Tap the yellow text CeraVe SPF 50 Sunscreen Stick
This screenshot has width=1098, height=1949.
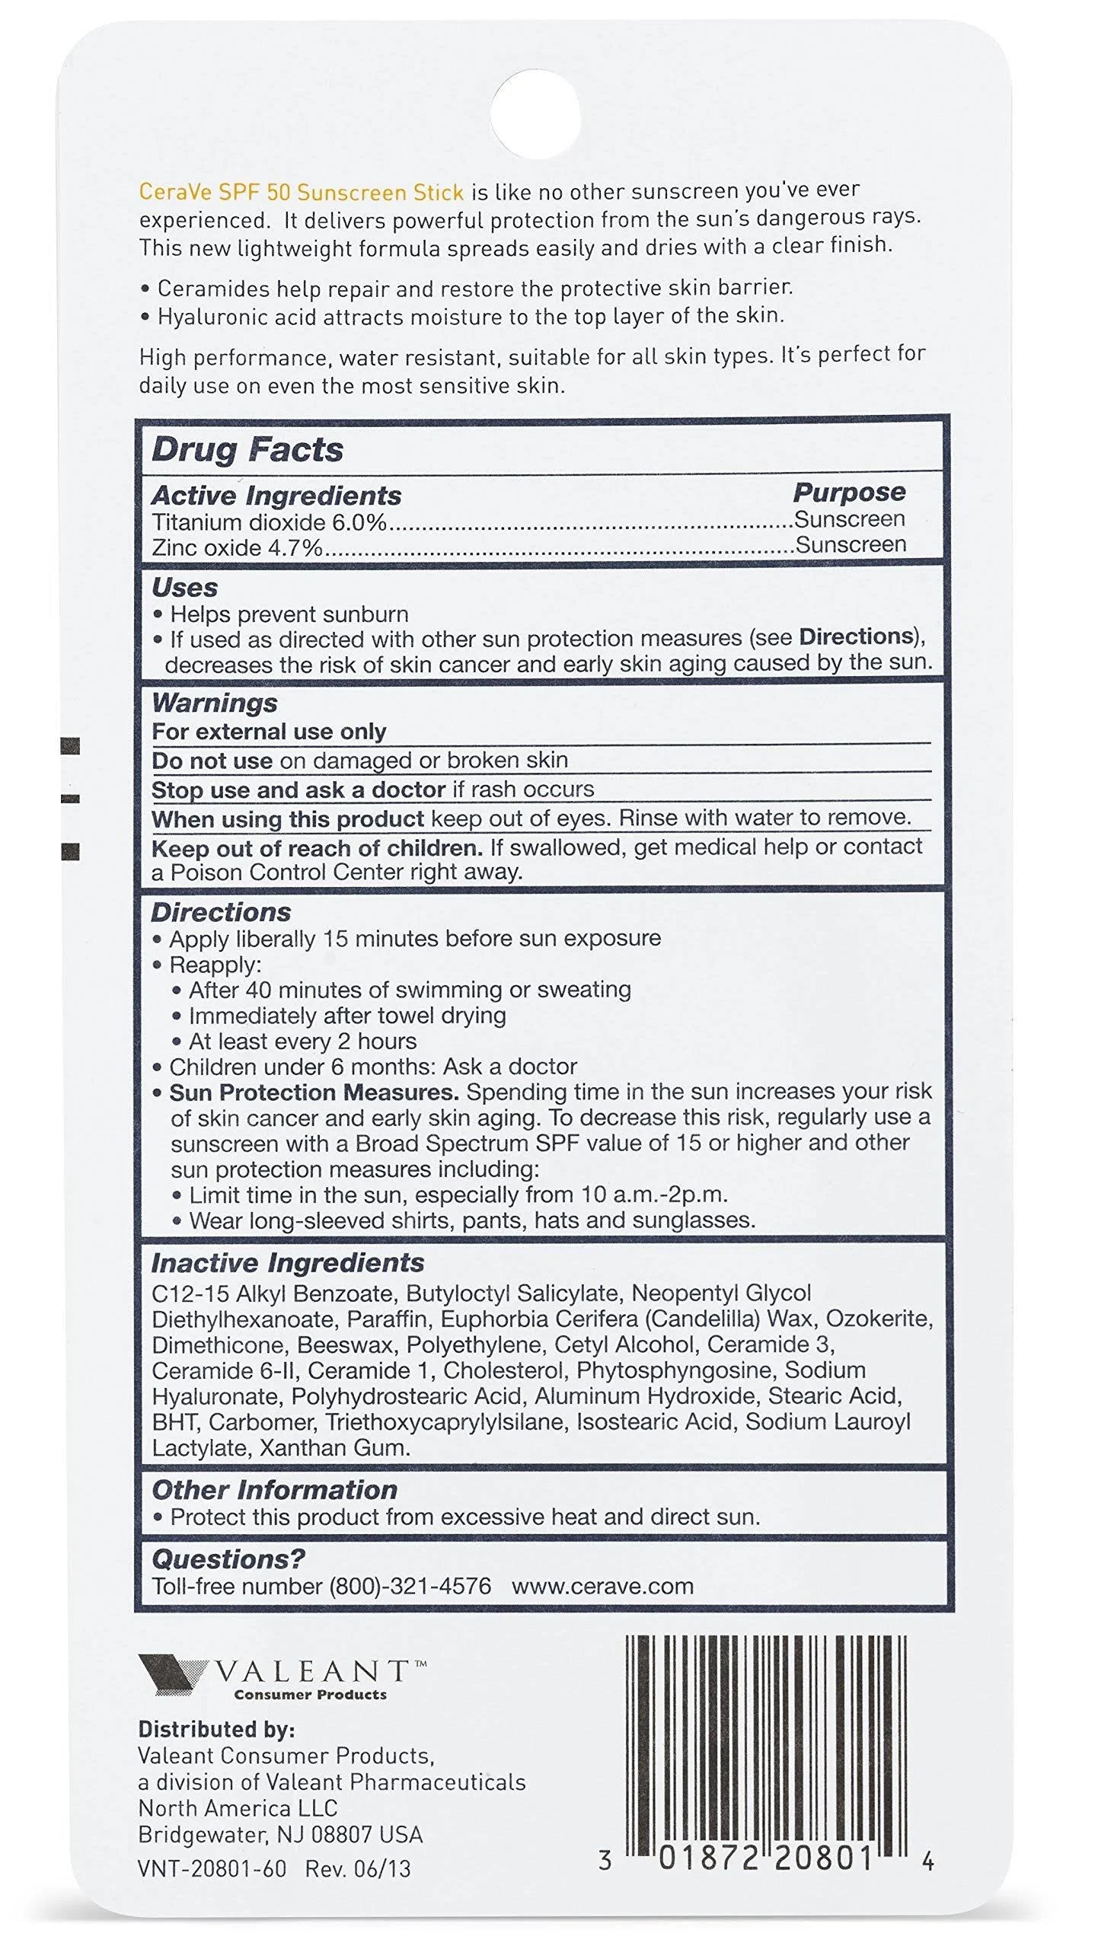301,192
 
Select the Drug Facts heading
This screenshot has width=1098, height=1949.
247,449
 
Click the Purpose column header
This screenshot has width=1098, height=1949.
849,492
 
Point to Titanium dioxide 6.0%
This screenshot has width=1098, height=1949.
269,522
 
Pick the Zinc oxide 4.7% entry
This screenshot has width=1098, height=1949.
237,547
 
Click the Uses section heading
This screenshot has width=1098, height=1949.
184,587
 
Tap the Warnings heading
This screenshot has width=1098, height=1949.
215,702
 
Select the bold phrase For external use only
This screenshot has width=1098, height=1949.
269,732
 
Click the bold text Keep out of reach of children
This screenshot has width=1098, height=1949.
317,848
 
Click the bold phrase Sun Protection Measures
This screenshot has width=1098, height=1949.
314,1092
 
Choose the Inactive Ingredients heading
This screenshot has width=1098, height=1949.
288,1262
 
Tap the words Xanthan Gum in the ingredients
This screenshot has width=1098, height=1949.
334,1447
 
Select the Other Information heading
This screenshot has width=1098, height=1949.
274,1489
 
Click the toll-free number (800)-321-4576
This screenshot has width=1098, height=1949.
410,1586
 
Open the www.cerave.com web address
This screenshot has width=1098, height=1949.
602,1586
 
